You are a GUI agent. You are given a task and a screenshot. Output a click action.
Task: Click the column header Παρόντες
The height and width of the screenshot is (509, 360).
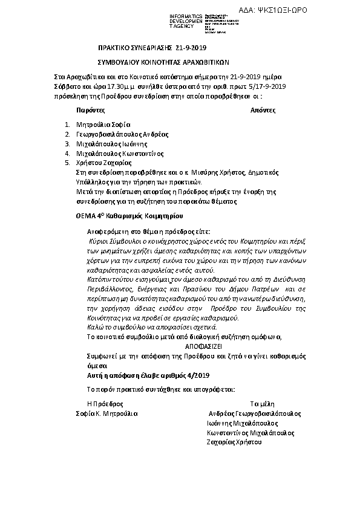[91, 111]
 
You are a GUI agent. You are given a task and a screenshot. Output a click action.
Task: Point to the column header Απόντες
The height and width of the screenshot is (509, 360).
[263, 111]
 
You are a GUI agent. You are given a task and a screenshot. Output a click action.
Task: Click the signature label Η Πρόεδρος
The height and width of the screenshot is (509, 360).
[105, 403]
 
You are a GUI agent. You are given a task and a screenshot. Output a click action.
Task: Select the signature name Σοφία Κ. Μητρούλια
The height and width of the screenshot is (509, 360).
[106, 413]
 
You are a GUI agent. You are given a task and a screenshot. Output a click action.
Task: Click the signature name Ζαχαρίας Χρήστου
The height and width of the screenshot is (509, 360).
[234, 443]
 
